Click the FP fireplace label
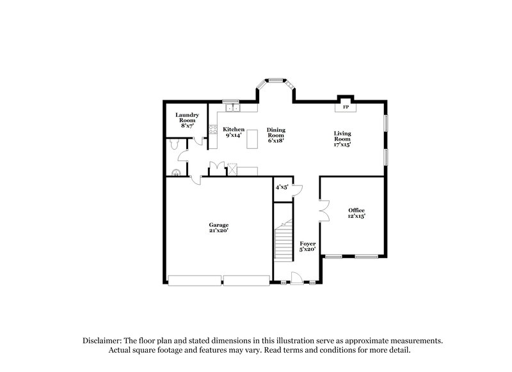pyautogui.click(x=346, y=107)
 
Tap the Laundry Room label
pyautogui.click(x=188, y=120)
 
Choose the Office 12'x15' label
pyautogui.click(x=356, y=213)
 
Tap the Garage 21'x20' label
pyautogui.click(x=218, y=228)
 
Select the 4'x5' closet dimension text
pyautogui.click(x=282, y=187)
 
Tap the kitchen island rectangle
pyautogui.click(x=252, y=138)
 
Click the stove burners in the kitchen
pyautogui.click(x=212, y=132)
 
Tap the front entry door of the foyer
pyautogui.click(x=297, y=277)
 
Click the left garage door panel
pyautogui.click(x=194, y=280)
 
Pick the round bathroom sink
pyautogui.click(x=177, y=171)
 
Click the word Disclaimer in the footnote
pyautogui.click(x=102, y=341)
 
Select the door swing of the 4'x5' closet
pyautogui.click(x=296, y=190)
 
